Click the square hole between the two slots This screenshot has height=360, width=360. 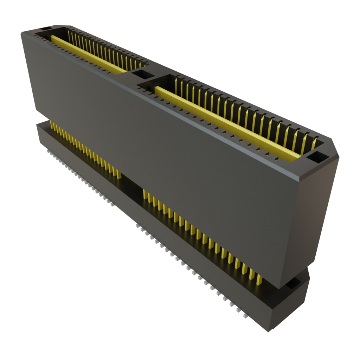[x=142, y=75]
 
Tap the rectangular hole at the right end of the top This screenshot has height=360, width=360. [x=317, y=156]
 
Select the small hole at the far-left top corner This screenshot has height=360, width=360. [x=46, y=28]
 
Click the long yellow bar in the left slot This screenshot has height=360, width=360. [x=88, y=54]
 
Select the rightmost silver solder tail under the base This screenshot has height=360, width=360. [x=245, y=315]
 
